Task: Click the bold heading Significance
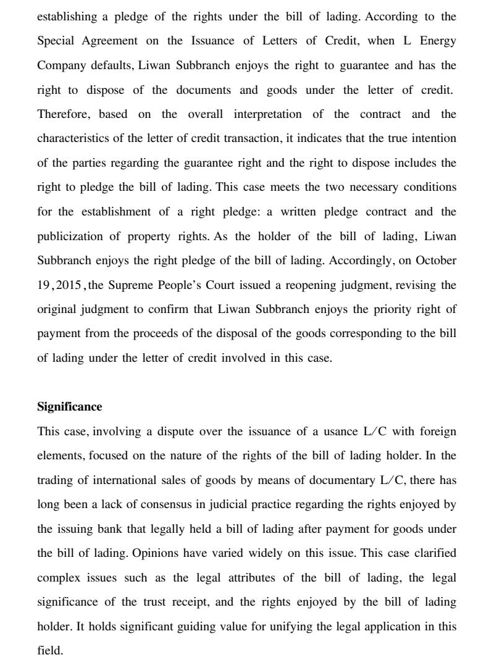pyautogui.click(x=69, y=407)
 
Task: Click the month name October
pyautogui.click(x=436, y=260)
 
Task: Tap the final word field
pyautogui.click(x=49, y=651)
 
